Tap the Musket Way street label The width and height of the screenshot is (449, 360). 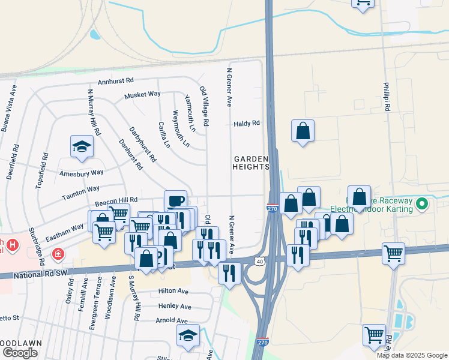(142, 95)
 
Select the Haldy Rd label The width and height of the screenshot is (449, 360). (246, 124)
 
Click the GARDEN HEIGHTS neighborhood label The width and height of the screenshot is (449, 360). (251, 162)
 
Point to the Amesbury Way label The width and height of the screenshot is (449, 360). (82, 173)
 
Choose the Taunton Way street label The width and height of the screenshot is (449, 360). (80, 189)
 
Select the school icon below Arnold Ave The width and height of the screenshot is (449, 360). (188, 335)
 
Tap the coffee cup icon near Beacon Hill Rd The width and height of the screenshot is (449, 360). (175, 200)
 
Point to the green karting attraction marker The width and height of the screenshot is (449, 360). (422, 204)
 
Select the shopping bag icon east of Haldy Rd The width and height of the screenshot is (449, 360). (303, 130)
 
